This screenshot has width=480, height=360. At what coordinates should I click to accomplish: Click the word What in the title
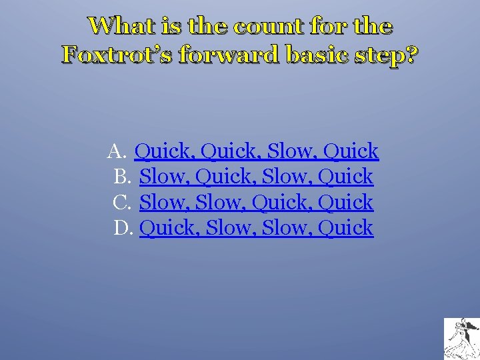(x=117, y=26)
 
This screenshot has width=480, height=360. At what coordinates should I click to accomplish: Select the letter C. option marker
(x=123, y=202)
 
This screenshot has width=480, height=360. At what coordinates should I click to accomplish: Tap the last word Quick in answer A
(x=351, y=151)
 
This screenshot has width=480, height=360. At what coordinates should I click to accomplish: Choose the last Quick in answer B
(x=345, y=177)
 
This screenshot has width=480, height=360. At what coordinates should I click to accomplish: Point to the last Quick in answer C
(x=345, y=202)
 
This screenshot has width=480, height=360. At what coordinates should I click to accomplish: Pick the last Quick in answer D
(x=345, y=227)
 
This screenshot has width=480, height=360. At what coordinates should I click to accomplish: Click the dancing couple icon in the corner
(x=461, y=339)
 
